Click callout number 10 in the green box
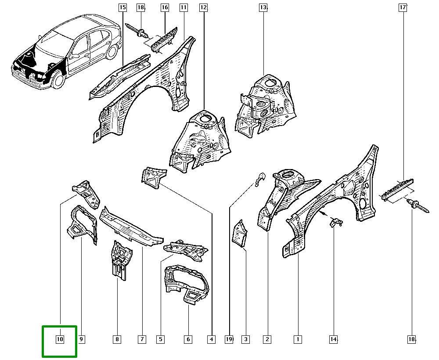pyautogui.click(x=60, y=339)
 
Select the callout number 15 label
pyautogui.click(x=122, y=7)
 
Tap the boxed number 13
pyautogui.click(x=263, y=7)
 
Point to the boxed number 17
pyautogui.click(x=403, y=7)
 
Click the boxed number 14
pyautogui.click(x=333, y=339)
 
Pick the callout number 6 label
pyautogui.click(x=188, y=339)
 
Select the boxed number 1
pyautogui.click(x=298, y=339)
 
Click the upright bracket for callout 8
pyautogui.click(x=119, y=260)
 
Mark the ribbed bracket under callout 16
pyautogui.click(x=163, y=38)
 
